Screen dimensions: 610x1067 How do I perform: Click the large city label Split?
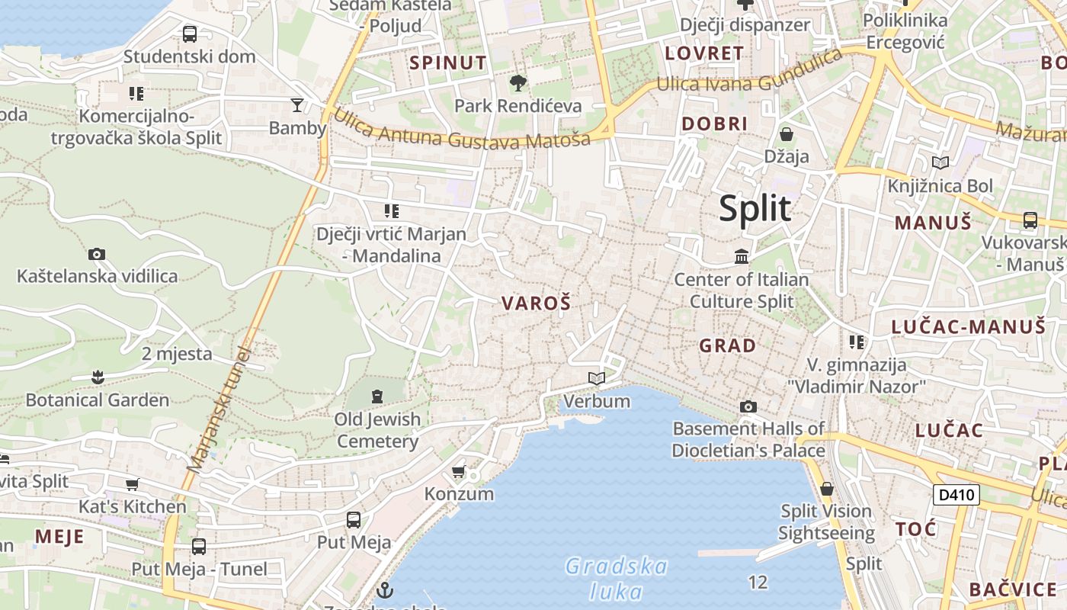(755, 209)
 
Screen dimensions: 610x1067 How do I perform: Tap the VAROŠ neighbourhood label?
(536, 303)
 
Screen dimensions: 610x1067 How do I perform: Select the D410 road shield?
(956, 495)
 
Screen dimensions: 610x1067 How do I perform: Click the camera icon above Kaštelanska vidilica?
(97, 254)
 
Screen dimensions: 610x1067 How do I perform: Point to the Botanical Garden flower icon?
(98, 377)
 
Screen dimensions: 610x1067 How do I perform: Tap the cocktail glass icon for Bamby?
(297, 104)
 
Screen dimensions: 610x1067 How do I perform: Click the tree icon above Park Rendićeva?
(517, 82)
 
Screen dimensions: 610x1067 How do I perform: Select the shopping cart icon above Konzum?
(458, 471)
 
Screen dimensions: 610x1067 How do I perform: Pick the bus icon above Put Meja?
(354, 520)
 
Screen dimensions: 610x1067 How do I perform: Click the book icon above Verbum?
(596, 378)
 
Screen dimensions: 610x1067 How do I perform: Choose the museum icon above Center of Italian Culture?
(742, 256)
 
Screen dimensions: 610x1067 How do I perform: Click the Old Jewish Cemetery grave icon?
(376, 396)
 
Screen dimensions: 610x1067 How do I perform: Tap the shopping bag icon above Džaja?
(787, 135)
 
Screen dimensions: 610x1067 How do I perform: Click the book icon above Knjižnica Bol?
(940, 162)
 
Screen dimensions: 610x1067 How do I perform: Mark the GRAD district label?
(728, 345)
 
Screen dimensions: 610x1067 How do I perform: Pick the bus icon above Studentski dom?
(189, 34)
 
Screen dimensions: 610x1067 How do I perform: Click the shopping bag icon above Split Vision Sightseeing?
(827, 489)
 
